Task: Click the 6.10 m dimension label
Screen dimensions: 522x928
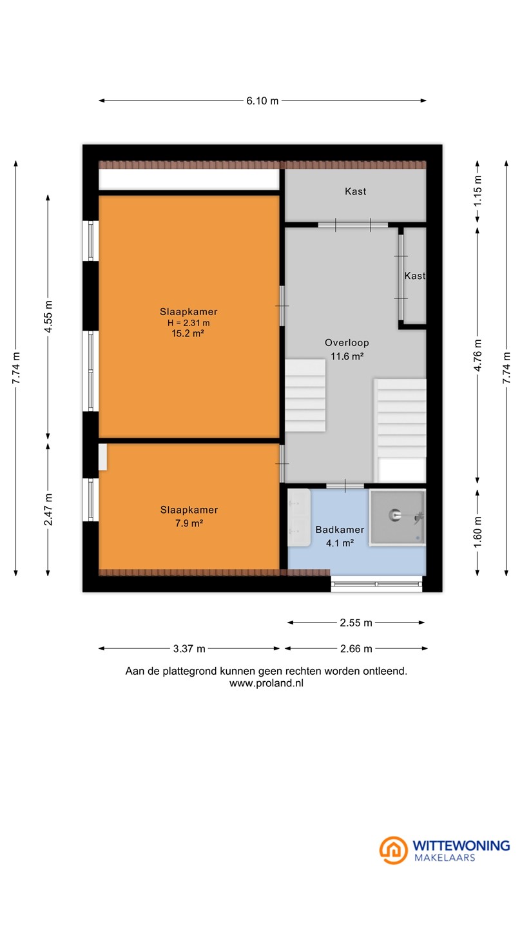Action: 262,101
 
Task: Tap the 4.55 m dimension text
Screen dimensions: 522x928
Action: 48,316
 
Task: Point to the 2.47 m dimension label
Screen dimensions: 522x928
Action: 48,510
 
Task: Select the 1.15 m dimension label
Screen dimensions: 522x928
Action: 478,191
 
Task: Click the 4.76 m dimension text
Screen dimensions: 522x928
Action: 478,355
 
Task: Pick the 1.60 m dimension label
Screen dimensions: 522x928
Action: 478,532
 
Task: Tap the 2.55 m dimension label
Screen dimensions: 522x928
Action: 356,623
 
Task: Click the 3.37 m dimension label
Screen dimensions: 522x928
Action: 189,649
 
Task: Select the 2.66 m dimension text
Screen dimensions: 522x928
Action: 356,649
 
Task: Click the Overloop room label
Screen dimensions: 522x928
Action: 347,343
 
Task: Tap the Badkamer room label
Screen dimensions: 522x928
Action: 340,530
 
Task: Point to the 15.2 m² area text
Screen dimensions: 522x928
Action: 188,333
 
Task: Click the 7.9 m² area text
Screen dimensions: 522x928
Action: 189,523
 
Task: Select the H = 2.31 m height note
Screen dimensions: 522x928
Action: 188,323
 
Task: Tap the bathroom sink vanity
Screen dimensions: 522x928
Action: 299,517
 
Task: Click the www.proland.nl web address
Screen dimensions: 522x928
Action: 266,683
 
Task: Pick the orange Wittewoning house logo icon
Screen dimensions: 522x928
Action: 394,850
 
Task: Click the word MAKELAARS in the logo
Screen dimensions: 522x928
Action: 445,858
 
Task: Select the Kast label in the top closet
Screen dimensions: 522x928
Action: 356,191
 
